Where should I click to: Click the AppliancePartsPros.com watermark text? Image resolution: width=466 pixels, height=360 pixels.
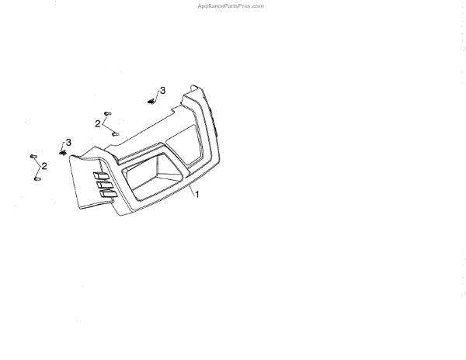click(232, 5)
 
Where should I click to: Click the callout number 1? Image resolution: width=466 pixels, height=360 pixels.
click(197, 195)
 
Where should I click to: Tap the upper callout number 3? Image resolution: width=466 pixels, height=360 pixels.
click(162, 91)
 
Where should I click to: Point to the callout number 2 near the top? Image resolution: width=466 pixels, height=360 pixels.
click(98, 123)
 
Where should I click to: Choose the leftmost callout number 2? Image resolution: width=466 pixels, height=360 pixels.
click(44, 166)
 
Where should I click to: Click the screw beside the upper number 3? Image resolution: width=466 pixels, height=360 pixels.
click(151, 100)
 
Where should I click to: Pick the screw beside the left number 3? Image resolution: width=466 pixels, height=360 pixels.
click(64, 151)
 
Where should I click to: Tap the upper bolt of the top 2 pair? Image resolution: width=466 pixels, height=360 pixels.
click(108, 113)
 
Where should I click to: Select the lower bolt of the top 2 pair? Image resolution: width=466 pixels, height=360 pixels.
click(115, 133)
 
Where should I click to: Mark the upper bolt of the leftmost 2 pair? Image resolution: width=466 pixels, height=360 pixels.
click(33, 157)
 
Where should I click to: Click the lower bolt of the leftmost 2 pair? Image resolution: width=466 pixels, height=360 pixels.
click(37, 179)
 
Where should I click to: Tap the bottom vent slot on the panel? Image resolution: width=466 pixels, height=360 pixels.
click(106, 197)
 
